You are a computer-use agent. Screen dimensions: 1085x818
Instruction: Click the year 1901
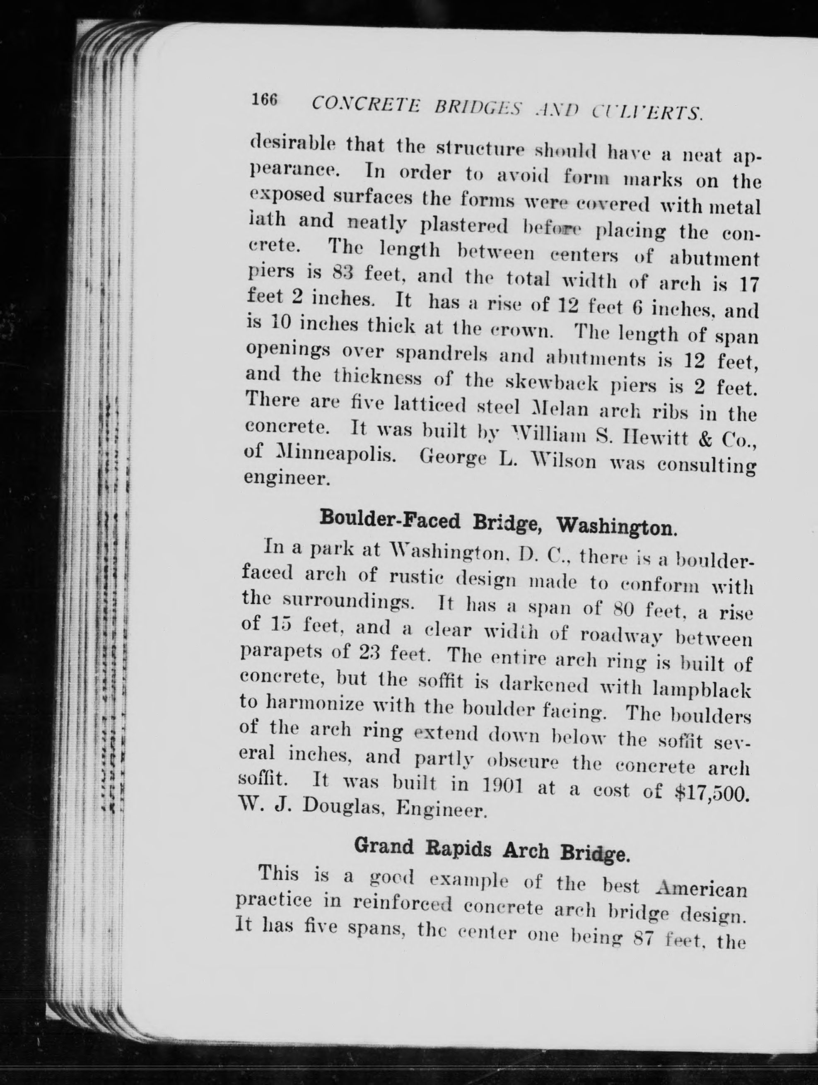coord(503,788)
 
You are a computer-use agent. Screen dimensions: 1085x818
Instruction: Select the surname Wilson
coord(570,462)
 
